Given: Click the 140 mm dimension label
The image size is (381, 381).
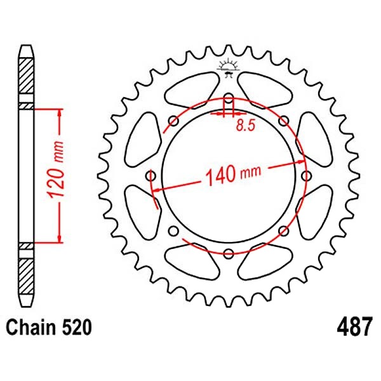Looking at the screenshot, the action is tap(233, 174).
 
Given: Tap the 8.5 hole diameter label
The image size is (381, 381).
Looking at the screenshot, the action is tap(245, 126).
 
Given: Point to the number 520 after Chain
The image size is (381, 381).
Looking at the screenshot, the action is tap(77, 327).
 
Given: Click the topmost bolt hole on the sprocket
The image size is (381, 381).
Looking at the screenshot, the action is tap(228, 98).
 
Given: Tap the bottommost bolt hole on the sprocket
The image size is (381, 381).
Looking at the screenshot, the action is tap(228, 253).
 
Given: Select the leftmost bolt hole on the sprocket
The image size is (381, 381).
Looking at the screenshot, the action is tap(151, 176).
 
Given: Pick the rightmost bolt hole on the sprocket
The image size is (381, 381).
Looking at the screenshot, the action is tap(306, 176).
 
